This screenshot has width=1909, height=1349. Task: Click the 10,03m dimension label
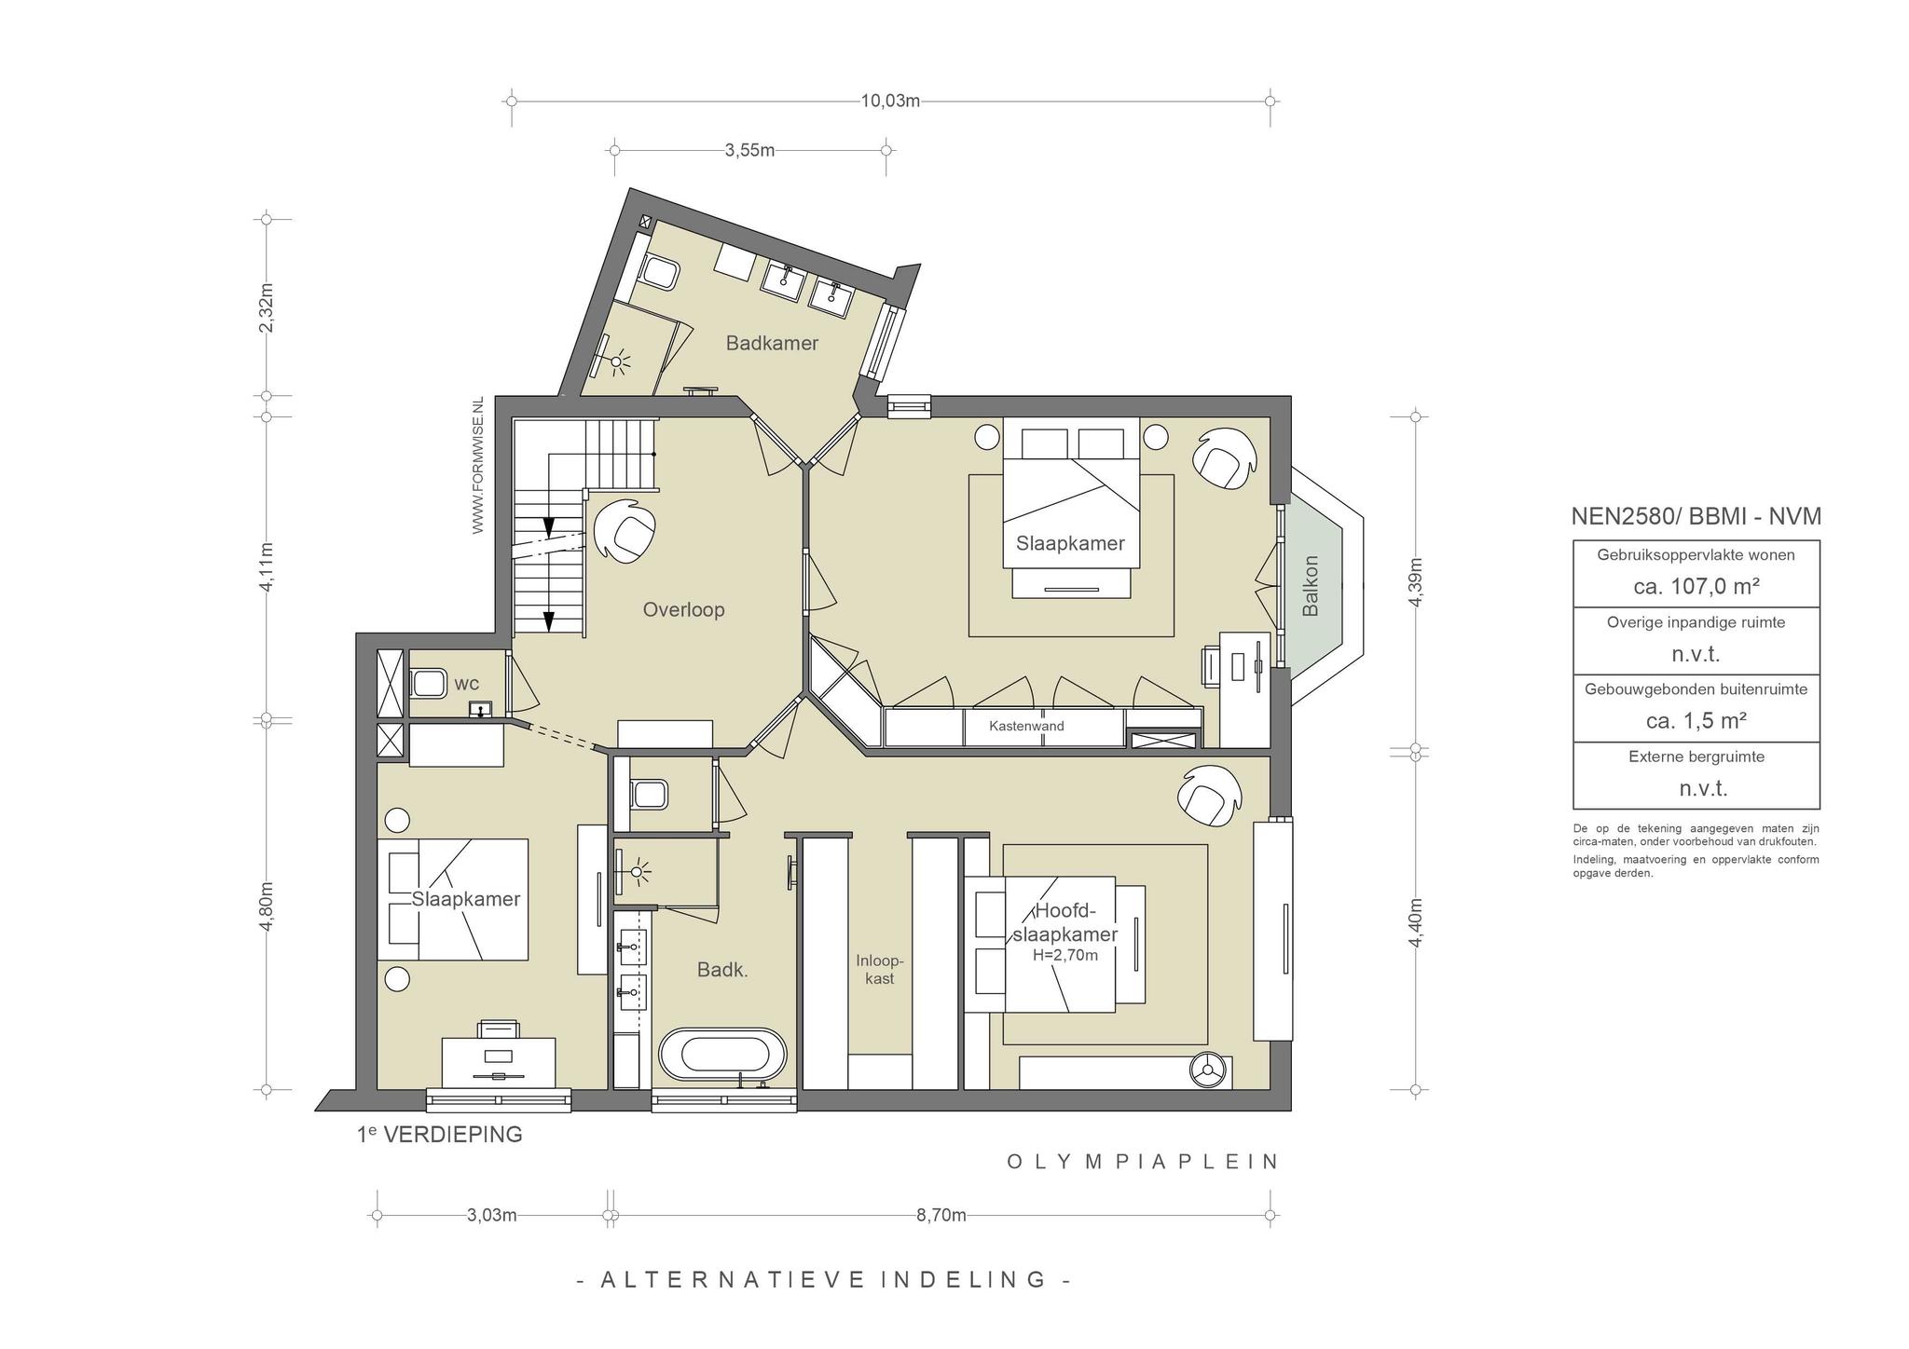[890, 101]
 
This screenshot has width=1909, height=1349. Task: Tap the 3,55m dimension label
[749, 150]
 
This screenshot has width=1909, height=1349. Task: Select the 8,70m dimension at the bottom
[941, 1215]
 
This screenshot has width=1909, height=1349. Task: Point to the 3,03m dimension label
[491, 1215]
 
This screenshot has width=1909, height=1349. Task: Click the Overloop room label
[683, 609]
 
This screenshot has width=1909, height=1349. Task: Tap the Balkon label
[1311, 586]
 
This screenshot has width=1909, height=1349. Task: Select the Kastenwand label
[1026, 726]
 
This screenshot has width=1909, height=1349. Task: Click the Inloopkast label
[880, 969]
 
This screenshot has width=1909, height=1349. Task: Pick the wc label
[466, 684]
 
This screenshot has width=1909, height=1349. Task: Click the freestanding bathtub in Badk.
[723, 1054]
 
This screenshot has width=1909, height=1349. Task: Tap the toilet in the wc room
[428, 683]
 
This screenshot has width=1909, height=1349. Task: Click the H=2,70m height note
[1064, 955]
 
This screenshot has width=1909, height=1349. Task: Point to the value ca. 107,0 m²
[1696, 586]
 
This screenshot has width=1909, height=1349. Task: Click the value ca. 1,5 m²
[1696, 720]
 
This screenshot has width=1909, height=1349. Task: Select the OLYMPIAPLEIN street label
[1143, 1161]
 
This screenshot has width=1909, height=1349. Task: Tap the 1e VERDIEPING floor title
[440, 1135]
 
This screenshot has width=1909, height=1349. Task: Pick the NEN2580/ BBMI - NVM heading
[1696, 516]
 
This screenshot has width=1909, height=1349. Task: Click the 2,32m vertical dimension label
[266, 307]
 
